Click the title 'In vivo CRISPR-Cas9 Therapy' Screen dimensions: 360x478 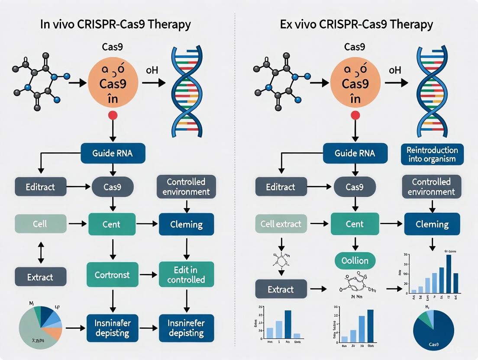coord(115,24)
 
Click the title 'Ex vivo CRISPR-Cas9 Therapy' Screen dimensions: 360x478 coord(356,24)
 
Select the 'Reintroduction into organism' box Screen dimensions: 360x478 coord(432,154)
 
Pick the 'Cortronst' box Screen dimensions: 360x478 coord(113,275)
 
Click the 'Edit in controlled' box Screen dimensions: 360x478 coord(186,275)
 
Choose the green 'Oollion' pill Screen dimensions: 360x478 coord(355,260)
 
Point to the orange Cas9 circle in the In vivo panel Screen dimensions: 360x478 coord(113,83)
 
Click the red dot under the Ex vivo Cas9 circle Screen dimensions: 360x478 coord(355,115)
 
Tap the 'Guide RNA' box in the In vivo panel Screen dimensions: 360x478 coord(113,153)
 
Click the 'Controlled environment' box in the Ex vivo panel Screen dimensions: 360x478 coord(431,186)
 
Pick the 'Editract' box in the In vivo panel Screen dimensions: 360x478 coord(40,187)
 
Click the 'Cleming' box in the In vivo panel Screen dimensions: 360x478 coord(186,224)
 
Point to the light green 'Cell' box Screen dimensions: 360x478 coord(40,224)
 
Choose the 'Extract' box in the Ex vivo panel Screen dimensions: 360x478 coord(281,289)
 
